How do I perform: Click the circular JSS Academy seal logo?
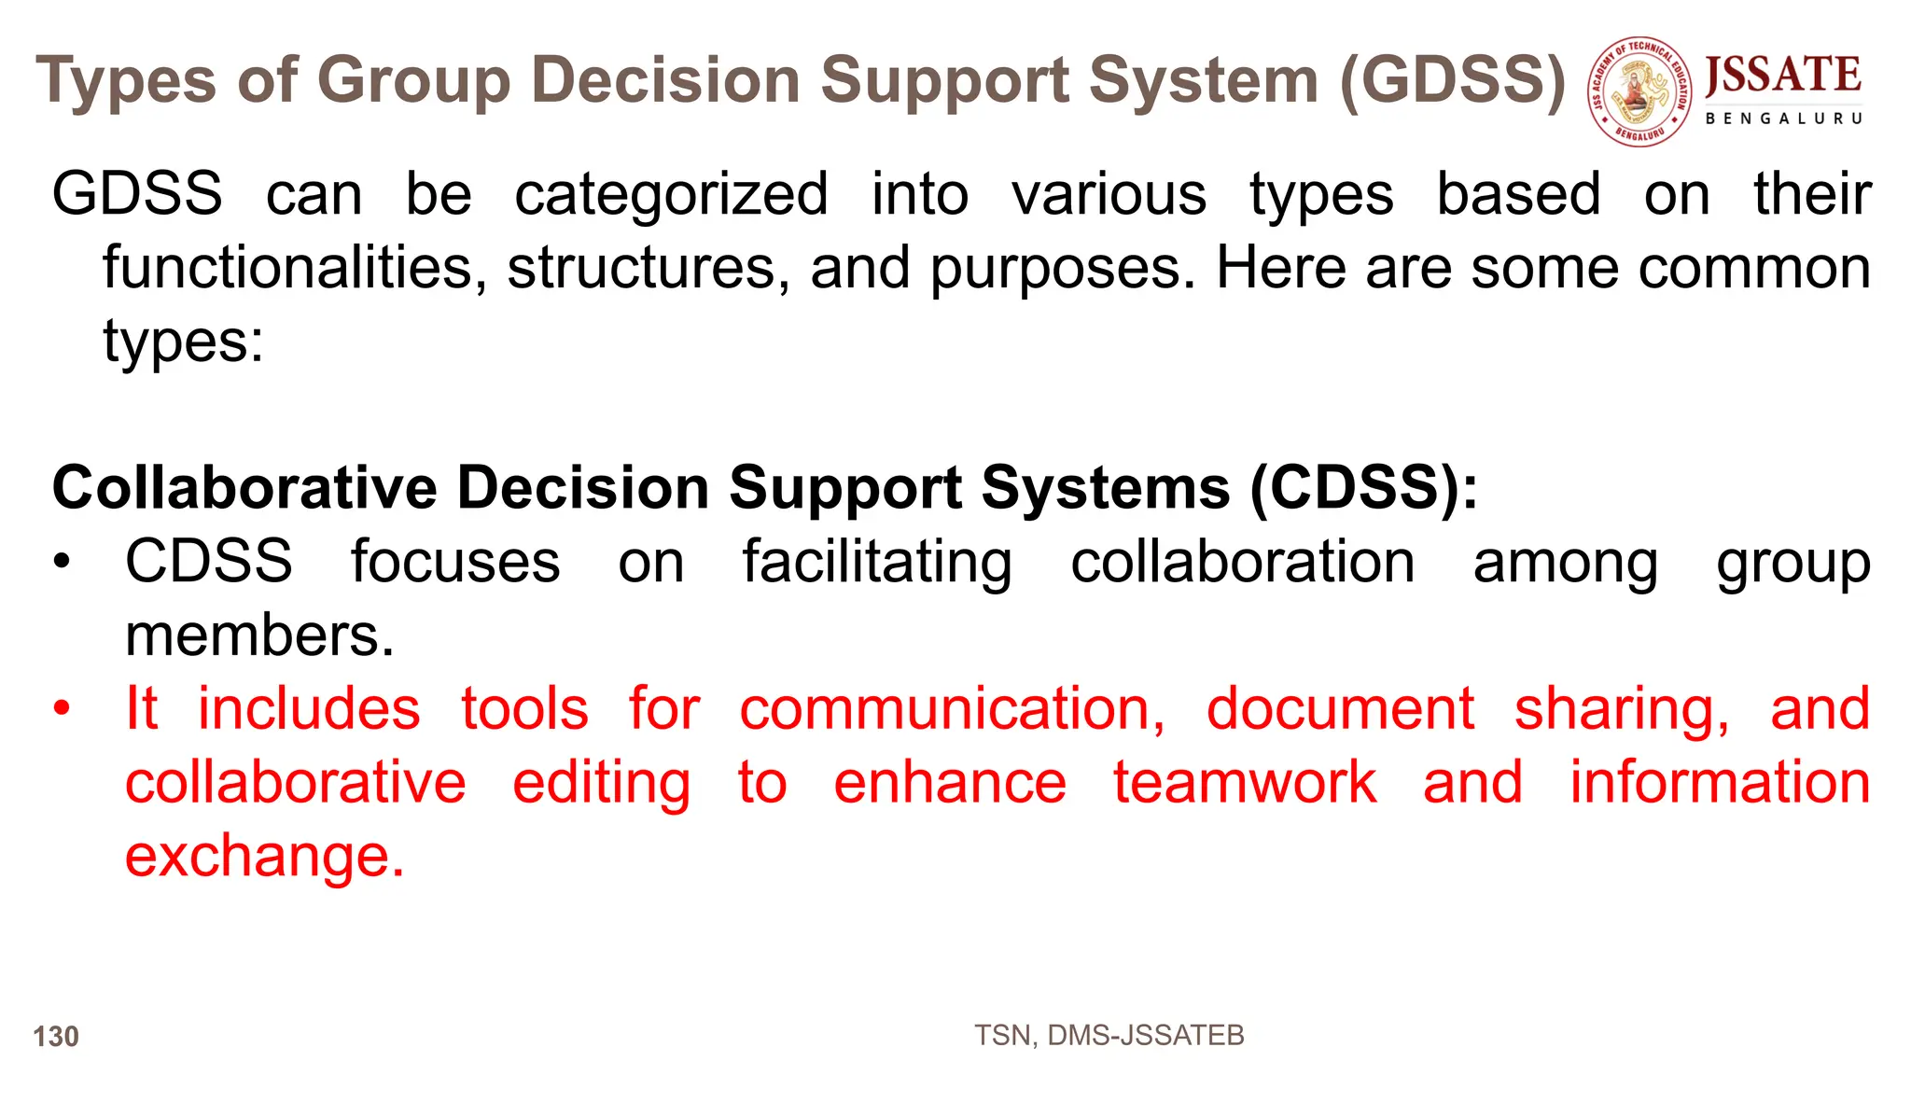click(1639, 91)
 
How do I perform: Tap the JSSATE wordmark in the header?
click(1782, 75)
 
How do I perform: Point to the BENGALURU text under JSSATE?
click(1783, 119)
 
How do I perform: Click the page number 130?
click(56, 1036)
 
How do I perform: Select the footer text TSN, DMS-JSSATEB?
click(1109, 1035)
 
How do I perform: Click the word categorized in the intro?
click(671, 194)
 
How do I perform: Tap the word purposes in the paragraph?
click(1062, 269)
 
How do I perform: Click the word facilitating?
click(876, 563)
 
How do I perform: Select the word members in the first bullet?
click(259, 635)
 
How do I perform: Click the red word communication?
click(952, 708)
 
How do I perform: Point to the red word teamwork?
click(1244, 782)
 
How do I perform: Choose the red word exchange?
click(264, 856)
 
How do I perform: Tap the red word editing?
click(601, 782)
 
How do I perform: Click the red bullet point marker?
click(62, 708)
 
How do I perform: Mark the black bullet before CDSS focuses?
click(62, 563)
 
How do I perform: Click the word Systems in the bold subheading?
click(1105, 487)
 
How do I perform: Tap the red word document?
click(1340, 708)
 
